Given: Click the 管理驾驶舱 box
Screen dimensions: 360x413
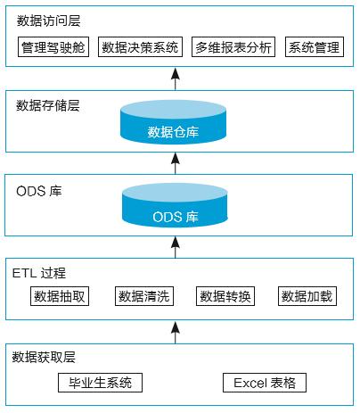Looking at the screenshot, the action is click(53, 47).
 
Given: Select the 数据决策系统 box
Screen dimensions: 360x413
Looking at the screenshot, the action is click(140, 47).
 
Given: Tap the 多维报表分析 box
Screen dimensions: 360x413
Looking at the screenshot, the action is click(233, 47).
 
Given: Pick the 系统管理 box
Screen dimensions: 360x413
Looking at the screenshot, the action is click(315, 47).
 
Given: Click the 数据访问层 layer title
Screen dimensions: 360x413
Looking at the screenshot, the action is click(48, 21).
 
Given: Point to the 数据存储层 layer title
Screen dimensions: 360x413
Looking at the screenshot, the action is click(48, 105).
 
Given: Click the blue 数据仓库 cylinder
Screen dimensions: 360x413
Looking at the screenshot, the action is click(174, 122).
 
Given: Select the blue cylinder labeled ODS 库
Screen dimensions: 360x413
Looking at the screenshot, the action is click(175, 205).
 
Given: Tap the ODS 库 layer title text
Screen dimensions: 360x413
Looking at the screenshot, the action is click(39, 191).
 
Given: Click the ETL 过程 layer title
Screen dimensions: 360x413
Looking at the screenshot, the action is click(39, 273).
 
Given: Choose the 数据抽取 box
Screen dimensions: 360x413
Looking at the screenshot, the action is click(60, 296).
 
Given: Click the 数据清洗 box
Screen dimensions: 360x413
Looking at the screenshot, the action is click(144, 296).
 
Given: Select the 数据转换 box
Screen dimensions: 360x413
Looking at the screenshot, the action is click(225, 296).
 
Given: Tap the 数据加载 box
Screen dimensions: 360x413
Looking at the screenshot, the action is click(307, 296).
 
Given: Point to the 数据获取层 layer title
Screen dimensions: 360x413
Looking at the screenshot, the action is click(44, 357).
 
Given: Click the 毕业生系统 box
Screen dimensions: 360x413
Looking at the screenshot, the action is click(100, 383).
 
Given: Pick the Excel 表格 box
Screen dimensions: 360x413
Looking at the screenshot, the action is click(265, 383).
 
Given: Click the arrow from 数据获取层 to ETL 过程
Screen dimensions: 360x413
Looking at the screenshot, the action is click(176, 332).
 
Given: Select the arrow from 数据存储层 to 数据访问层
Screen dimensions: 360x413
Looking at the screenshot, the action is click(176, 78).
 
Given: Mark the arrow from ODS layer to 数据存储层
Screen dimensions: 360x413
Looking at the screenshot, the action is click(176, 163).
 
